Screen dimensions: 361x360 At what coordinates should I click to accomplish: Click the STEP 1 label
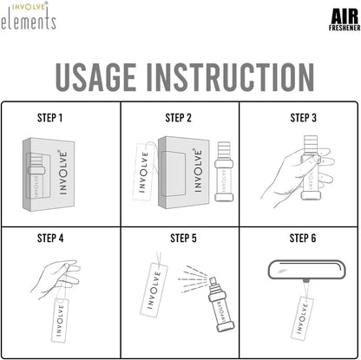point(49,118)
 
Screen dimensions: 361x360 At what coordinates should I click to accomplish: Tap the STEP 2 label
point(178,118)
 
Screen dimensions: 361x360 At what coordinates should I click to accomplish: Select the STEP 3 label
point(303,118)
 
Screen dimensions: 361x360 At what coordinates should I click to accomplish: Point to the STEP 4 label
point(50,239)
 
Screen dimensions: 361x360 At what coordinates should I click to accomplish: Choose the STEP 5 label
point(183,239)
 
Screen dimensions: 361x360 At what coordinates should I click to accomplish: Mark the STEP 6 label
point(303,239)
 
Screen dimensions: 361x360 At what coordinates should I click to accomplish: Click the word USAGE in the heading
point(95,77)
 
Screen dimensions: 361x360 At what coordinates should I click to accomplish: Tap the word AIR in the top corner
point(345,16)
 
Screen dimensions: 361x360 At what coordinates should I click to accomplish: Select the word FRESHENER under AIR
point(345,28)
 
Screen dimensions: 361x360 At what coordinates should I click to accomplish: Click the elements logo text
point(29,20)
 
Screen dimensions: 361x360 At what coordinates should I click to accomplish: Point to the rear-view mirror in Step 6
point(307,270)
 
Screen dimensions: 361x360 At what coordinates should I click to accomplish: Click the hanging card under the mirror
point(302,318)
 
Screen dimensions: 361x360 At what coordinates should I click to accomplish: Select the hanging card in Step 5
point(154,290)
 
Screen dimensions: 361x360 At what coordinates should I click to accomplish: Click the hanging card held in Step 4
point(60,320)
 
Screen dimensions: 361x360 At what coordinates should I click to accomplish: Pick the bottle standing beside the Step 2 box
point(224,172)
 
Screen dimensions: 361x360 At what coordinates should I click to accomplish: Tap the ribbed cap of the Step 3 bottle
point(311,145)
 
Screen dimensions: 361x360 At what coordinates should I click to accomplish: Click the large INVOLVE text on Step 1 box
point(62,172)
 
